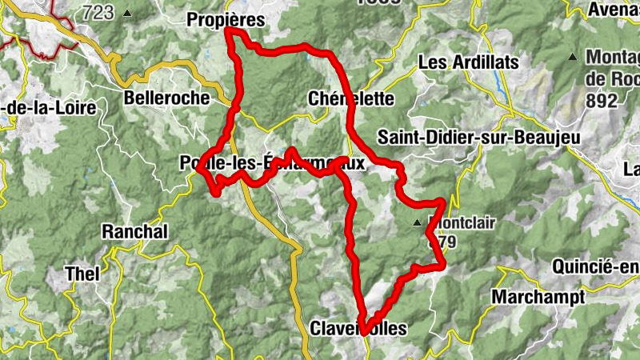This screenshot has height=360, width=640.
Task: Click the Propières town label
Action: (x=225, y=19)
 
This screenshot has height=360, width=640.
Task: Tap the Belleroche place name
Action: (x=166, y=98)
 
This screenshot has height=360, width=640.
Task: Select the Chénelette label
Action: (x=351, y=99)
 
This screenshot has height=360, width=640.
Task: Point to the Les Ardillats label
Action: (x=469, y=62)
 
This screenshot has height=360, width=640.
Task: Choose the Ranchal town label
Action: (x=135, y=232)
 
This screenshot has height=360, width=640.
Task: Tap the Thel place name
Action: (x=82, y=274)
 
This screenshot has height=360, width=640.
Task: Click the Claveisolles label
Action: (x=358, y=329)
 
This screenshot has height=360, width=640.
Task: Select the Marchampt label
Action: (x=538, y=297)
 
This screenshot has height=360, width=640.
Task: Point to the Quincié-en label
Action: (x=595, y=266)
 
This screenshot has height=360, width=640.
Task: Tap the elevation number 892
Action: (x=601, y=101)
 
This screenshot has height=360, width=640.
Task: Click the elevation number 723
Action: (x=98, y=12)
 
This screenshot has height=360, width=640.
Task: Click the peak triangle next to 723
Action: (x=128, y=13)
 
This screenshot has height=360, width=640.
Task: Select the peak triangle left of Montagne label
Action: (x=573, y=57)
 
